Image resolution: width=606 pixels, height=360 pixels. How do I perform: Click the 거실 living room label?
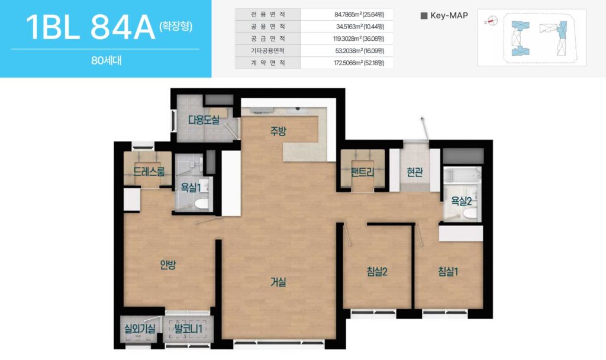(x=278, y=282)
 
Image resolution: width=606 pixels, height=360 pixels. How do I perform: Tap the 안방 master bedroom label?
(x=168, y=265)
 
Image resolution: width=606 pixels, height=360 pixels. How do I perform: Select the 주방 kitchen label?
(x=278, y=131)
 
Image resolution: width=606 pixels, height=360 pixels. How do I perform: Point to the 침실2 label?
(x=377, y=271)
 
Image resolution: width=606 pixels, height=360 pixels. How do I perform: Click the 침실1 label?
(x=448, y=271)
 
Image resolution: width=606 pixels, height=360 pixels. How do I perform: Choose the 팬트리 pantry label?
(x=363, y=172)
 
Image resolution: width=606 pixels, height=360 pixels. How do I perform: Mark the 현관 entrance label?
(x=415, y=172)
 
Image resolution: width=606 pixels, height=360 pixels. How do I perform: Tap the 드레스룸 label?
(x=149, y=171)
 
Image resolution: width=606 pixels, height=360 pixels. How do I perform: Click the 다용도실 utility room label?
(x=204, y=120)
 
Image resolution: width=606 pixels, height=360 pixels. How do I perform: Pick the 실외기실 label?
(x=140, y=329)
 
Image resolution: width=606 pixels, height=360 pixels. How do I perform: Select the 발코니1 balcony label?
(x=188, y=329)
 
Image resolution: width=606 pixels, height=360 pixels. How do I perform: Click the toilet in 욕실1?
(x=202, y=204)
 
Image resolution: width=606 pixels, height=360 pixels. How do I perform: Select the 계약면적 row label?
(x=268, y=63)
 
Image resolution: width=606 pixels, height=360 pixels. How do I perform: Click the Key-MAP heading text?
(x=449, y=15)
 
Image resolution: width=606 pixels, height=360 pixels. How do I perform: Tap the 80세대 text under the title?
(x=107, y=61)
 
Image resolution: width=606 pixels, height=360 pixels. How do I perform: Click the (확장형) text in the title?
(x=176, y=26)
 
